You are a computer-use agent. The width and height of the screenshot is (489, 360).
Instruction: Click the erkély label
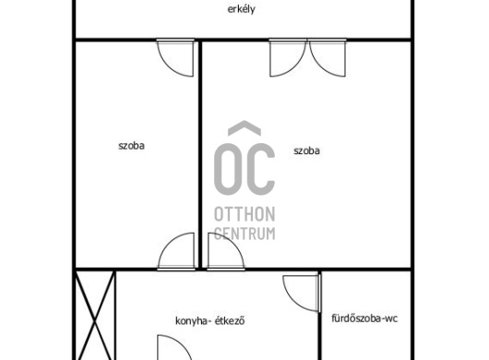coord(241,9)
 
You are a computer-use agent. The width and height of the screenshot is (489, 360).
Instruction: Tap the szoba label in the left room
coord(131,146)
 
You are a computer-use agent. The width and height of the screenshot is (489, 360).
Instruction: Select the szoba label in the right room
coord(306,150)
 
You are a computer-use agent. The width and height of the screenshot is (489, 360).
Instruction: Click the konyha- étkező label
coord(209,320)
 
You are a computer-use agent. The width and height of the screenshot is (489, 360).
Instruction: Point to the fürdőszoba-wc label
coord(364,318)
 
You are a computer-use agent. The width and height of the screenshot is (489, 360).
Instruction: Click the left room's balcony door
coord(175,58)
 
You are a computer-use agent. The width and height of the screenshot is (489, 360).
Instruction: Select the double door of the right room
coord(307,58)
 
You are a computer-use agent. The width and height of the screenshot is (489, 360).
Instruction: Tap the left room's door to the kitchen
coord(176,251)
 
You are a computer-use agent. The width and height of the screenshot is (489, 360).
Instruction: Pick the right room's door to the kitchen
coord(226,251)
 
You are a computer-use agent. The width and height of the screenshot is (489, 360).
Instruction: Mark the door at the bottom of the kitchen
coord(174,347)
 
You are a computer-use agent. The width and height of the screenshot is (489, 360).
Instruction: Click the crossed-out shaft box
coord(95,315)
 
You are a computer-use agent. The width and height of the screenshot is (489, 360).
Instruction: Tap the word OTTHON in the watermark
coord(244,214)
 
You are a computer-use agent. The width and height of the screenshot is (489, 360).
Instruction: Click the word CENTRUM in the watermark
coord(244,233)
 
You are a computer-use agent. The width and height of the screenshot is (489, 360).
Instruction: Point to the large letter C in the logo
coord(261,169)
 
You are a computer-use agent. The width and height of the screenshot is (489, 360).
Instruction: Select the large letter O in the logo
coord(228,169)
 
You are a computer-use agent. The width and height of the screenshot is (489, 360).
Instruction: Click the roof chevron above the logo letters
coord(244,128)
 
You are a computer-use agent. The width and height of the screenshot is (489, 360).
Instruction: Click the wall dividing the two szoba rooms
coord(200,154)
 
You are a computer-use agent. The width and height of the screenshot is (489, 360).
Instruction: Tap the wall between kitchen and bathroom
coord(319,315)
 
